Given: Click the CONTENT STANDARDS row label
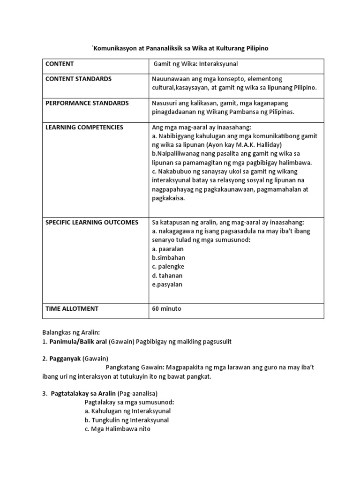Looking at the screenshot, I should click(78, 79).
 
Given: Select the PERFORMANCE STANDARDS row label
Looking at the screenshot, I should click(87, 103).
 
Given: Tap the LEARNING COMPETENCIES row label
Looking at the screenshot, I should click(84, 127).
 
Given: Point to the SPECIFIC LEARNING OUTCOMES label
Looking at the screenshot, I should click(92, 222).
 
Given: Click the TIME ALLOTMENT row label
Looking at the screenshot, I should click(71, 308).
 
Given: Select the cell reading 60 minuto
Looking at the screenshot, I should click(167, 308).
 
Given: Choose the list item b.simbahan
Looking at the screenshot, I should click(169, 258).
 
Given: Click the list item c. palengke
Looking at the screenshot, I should click(168, 267).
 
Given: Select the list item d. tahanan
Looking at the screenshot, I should click(167, 276).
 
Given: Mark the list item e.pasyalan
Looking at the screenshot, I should click(167, 285).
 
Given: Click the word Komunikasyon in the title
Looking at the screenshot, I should click(115, 49).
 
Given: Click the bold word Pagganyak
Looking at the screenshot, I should click(65, 359).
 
